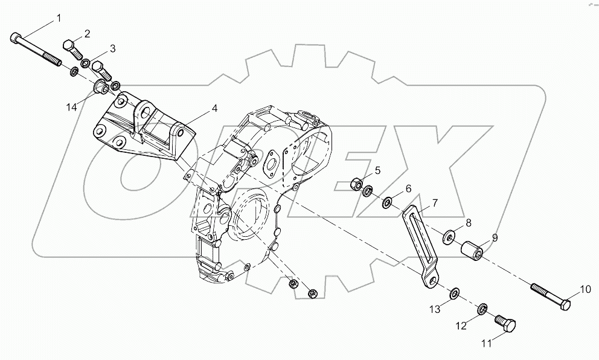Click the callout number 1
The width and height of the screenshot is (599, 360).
point(59,18)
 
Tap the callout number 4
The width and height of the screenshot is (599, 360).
point(215,109)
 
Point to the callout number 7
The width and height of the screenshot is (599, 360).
point(435,203)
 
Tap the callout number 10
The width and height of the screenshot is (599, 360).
point(585,290)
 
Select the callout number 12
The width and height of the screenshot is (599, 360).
point(461,326)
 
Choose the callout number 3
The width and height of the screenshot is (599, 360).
point(112,48)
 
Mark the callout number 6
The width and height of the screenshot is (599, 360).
point(408,188)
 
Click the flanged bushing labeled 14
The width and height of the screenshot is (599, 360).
point(101,89)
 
